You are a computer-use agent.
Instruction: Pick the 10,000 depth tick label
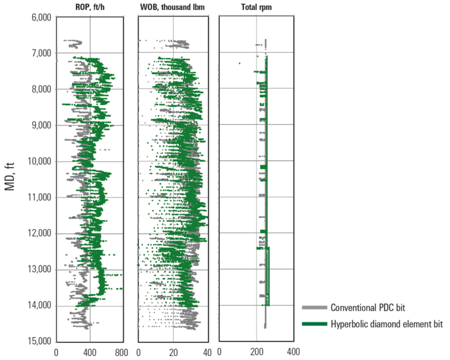click(38, 161)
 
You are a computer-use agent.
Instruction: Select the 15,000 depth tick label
click(38, 342)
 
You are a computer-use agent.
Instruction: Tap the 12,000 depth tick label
click(38, 233)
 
